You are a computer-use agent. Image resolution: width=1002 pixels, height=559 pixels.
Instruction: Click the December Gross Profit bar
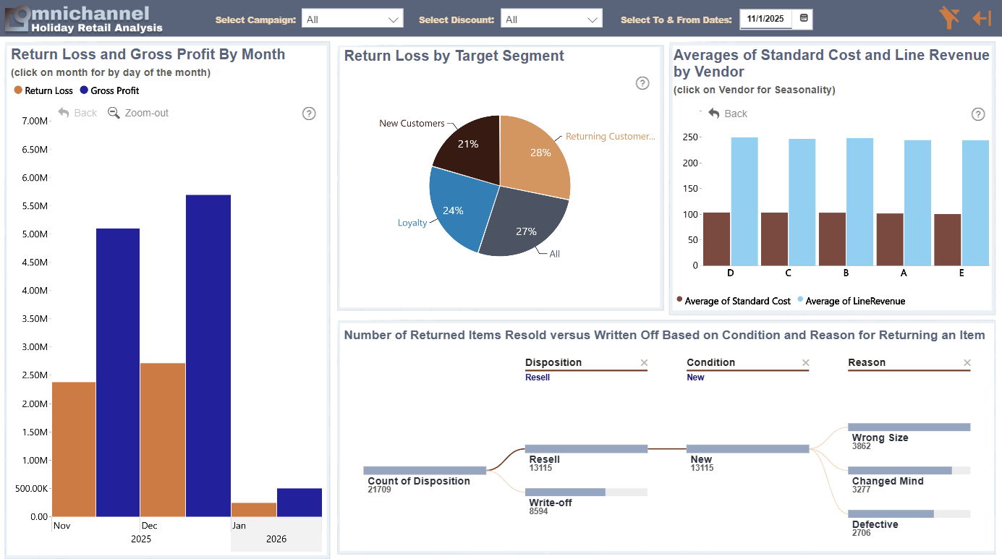tap(208, 356)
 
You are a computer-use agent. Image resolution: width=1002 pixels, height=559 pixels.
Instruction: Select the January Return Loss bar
tap(254, 509)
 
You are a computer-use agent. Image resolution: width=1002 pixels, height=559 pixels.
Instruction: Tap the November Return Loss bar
tap(74, 449)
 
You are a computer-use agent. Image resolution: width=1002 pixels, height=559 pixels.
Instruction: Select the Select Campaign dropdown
tap(352, 20)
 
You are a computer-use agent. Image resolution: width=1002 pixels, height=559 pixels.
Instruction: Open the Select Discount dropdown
tap(551, 20)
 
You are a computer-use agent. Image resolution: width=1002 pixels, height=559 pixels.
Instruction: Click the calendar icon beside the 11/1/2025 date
tap(803, 18)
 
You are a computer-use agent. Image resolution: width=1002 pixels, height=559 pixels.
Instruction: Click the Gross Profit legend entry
tap(109, 90)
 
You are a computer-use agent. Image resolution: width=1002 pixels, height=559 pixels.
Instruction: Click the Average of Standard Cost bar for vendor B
tap(832, 239)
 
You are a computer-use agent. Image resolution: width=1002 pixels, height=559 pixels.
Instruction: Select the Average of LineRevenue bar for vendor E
tap(975, 203)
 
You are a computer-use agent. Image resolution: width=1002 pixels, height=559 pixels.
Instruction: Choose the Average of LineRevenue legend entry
tap(852, 301)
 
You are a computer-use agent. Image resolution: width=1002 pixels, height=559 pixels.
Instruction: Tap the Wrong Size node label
tap(880, 438)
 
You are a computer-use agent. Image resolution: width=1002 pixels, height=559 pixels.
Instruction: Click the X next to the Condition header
tap(806, 363)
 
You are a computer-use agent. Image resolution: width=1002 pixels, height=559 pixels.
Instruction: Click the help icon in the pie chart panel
tap(642, 83)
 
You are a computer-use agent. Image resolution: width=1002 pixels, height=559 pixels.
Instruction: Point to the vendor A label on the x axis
tap(904, 273)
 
